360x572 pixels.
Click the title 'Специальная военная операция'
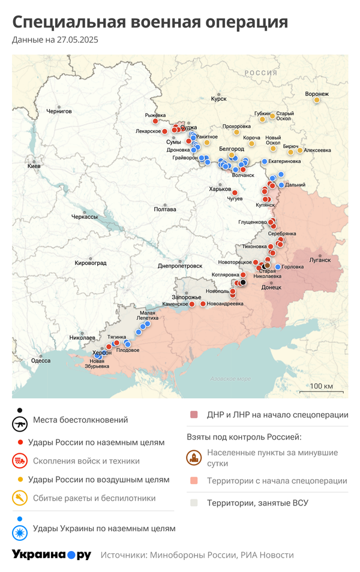coord(150,22)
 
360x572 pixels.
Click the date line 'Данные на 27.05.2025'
coord(55,40)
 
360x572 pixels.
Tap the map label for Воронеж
coord(317,94)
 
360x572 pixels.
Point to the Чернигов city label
coord(59,111)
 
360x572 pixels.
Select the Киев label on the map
coord(34,165)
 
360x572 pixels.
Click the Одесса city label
coord(41,360)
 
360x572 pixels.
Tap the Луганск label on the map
coord(320,260)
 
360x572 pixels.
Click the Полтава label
coord(165,209)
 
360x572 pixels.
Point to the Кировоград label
coord(90,263)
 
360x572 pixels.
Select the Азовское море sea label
coord(230,378)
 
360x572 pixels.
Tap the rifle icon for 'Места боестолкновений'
coord(20,424)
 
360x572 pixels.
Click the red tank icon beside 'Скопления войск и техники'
coord(20,461)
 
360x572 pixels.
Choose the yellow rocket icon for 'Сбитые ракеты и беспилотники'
coord(20,498)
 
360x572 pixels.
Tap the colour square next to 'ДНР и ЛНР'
coord(193,415)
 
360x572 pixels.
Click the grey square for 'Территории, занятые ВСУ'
coord(193,503)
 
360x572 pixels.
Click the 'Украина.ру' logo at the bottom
coord(52,555)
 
